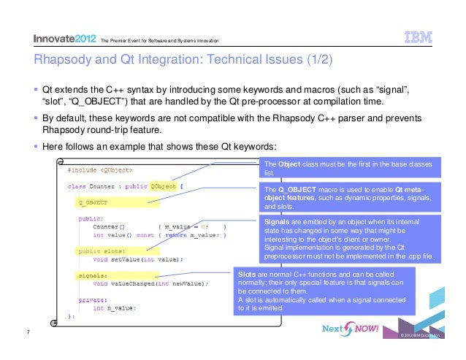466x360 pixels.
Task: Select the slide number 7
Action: coord(27,334)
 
